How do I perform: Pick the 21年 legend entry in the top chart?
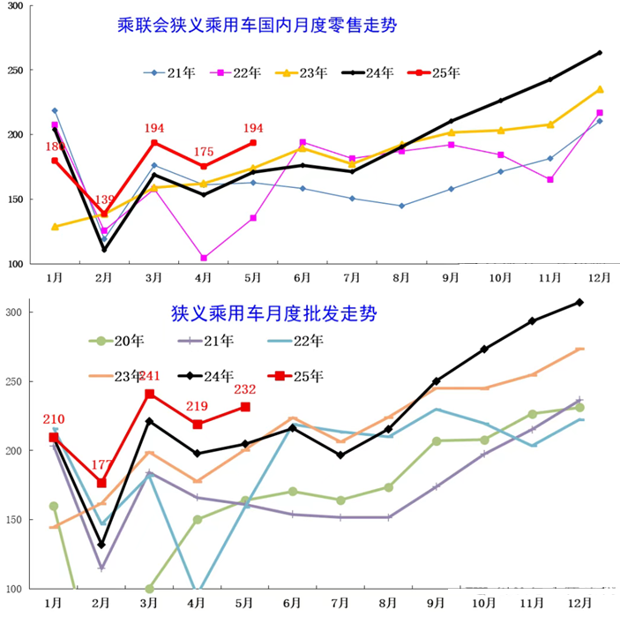point(171,72)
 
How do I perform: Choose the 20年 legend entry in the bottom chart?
point(120,340)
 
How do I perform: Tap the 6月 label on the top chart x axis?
point(302,277)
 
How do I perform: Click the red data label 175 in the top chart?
point(204,152)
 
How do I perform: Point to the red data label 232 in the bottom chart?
point(245,389)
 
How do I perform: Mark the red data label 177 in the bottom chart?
point(101,465)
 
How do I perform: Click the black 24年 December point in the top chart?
point(600,53)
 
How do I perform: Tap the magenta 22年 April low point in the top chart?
point(204,258)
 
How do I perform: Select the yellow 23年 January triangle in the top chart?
point(56,227)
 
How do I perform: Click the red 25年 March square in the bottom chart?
point(150,394)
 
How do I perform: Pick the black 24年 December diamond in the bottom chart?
point(579,302)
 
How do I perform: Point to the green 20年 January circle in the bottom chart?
point(55,506)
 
